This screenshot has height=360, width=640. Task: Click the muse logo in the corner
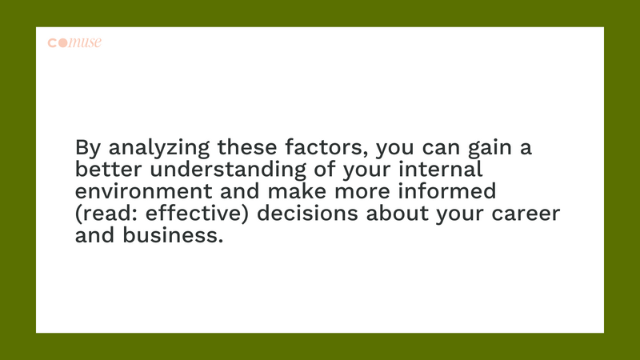74,42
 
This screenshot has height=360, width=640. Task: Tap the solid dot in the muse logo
63,43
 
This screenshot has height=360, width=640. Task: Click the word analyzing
158,148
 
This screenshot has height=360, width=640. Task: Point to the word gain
490,148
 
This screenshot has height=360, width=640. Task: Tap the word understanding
228,170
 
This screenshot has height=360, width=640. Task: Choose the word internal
441,169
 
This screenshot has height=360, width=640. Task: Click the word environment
144,191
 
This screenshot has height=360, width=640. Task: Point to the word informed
447,191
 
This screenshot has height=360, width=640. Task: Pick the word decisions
307,213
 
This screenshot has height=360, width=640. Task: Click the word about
397,213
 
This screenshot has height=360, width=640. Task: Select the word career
526,214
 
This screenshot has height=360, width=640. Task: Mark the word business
173,235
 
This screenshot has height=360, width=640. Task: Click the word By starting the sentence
88,148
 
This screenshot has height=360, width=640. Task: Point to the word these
247,147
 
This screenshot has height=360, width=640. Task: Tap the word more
362,192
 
